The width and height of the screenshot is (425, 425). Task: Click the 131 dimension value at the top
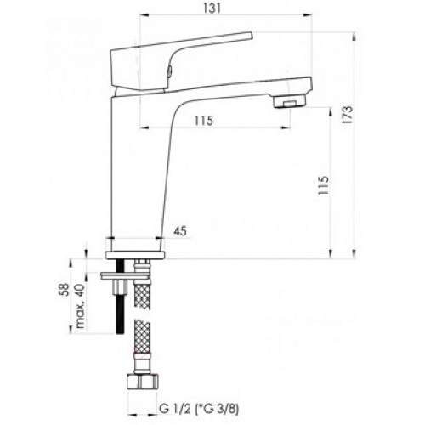coord(212,8)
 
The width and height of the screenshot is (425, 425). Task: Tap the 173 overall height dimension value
coord(348,115)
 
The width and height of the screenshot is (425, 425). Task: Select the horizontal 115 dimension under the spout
coord(204,121)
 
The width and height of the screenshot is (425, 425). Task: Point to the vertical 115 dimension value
coord(323,185)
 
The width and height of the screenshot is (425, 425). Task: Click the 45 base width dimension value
coord(180,231)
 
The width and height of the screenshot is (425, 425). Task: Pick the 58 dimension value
coord(65,289)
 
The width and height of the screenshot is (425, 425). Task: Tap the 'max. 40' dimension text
coord(81,306)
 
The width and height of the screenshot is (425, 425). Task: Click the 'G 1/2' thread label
coord(175,409)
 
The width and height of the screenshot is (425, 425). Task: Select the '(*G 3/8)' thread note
coord(217,409)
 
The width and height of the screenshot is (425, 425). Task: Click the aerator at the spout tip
coord(290,101)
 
